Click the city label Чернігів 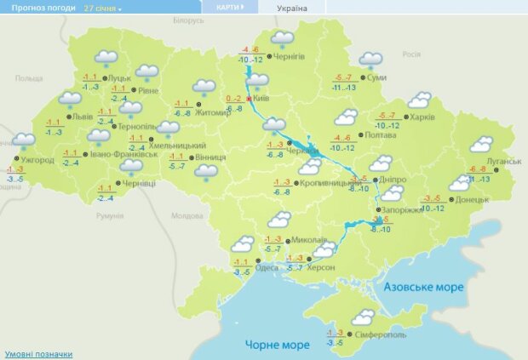click(x=290, y=56)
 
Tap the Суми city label click(x=378, y=77)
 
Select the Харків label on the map click(x=422, y=117)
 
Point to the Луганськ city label click(x=503, y=161)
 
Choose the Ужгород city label click(x=37, y=159)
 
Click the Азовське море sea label click(x=423, y=288)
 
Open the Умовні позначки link click(x=38, y=353)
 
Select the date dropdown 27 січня click(x=102, y=8)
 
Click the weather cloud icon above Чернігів click(x=282, y=39)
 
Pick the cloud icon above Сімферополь click(x=364, y=317)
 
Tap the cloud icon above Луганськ click(x=482, y=144)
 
